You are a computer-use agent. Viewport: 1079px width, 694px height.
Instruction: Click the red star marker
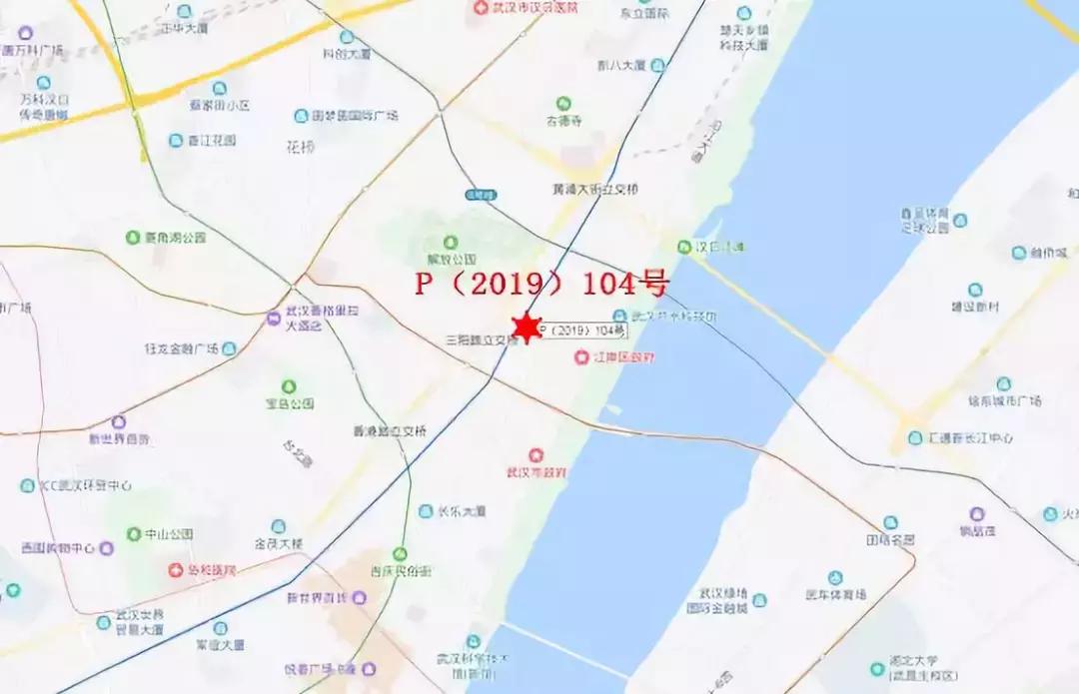[527, 328]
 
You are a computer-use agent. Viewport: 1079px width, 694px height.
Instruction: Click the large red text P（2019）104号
[540, 285]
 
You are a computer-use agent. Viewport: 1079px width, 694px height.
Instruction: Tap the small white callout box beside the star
[583, 331]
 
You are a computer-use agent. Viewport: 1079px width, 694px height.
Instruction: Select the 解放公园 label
[451, 259]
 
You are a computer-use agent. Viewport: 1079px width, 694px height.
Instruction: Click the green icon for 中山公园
[134, 534]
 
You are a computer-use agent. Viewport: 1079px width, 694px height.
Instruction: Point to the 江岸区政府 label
[622, 357]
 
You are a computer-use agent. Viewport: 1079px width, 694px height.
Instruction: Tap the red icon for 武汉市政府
[537, 455]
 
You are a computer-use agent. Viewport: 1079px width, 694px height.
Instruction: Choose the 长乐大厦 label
[462, 511]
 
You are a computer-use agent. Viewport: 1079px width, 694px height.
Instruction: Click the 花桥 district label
[300, 147]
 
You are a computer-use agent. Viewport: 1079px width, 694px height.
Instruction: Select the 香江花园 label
[211, 141]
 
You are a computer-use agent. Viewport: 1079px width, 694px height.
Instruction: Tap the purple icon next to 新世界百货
[119, 421]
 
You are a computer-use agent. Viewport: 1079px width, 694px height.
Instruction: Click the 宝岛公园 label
[289, 403]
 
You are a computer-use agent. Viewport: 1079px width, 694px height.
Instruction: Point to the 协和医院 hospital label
[212, 570]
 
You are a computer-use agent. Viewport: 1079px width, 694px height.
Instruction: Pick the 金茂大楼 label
[279, 544]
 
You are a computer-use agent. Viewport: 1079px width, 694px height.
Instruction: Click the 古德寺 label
[563, 121]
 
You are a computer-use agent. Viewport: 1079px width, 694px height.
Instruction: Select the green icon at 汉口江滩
[684, 246]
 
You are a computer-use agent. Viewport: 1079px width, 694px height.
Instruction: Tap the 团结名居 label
[890, 539]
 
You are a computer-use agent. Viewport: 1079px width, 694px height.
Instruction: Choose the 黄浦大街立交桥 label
[594, 189]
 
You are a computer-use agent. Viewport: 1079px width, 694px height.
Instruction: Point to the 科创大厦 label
[346, 55]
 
